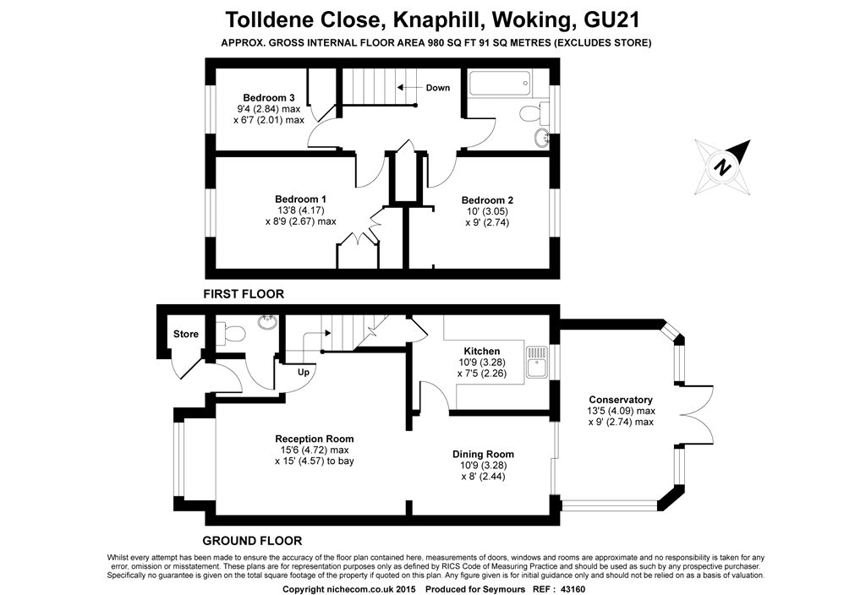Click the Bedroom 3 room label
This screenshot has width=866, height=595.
(268, 98)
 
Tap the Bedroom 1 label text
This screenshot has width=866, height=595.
(300, 199)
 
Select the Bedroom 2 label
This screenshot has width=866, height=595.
(487, 199)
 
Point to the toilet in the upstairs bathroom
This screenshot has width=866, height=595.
(533, 112)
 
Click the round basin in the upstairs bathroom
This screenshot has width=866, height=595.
(541, 138)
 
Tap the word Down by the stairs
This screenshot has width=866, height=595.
(438, 88)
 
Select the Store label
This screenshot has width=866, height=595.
(185, 334)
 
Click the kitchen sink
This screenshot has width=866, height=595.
(536, 362)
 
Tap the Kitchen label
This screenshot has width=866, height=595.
(481, 351)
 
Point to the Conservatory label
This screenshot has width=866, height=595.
(620, 400)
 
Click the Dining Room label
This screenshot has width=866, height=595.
(483, 454)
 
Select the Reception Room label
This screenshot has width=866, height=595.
(315, 439)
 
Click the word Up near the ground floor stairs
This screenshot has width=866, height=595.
(304, 373)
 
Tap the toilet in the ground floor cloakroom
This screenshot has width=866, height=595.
(231, 333)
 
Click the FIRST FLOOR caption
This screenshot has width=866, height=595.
(244, 294)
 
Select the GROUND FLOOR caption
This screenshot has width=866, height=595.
(252, 541)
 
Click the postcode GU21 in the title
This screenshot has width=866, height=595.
(612, 20)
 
